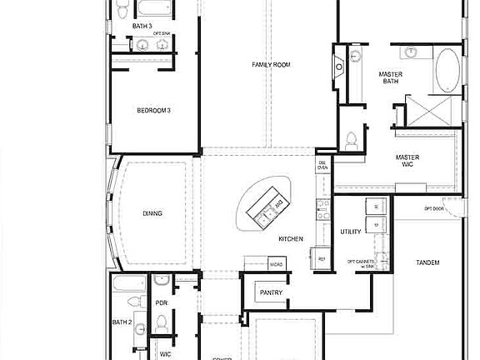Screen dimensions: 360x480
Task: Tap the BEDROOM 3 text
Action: click(x=154, y=110)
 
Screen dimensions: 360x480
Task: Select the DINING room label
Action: click(x=152, y=213)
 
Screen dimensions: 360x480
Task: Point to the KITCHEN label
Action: click(x=291, y=239)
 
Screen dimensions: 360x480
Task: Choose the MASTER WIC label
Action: click(x=407, y=161)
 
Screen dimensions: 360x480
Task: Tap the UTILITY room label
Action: click(x=351, y=232)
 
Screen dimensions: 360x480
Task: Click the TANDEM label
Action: click(x=427, y=262)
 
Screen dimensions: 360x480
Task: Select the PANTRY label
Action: click(x=271, y=292)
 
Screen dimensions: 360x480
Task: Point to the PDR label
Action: click(x=162, y=302)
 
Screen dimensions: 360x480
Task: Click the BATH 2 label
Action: click(x=122, y=322)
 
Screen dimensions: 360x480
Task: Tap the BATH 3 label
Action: click(x=142, y=26)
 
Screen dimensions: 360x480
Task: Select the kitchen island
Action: click(x=267, y=205)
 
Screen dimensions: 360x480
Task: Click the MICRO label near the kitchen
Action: click(x=275, y=264)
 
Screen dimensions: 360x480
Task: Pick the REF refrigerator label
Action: click(x=322, y=259)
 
